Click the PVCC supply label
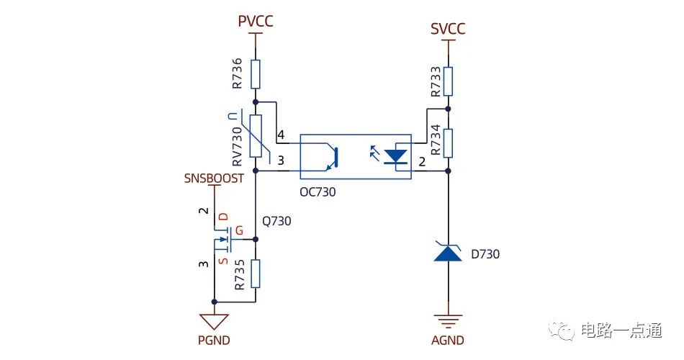pyautogui.click(x=256, y=21)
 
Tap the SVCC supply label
pyautogui.click(x=448, y=29)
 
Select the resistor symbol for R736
pyautogui.click(x=256, y=74)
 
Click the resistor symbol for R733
pyautogui.click(x=448, y=81)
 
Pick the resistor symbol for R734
pyautogui.click(x=448, y=143)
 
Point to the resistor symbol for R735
pyautogui.click(x=256, y=274)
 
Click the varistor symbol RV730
pyautogui.click(x=256, y=136)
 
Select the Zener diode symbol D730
pyautogui.click(x=448, y=252)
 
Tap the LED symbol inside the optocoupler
pyautogui.click(x=395, y=156)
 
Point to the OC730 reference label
pyautogui.click(x=318, y=192)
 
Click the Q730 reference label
pyautogui.click(x=276, y=221)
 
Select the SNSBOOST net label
pyautogui.click(x=214, y=178)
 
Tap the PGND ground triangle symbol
pyautogui.click(x=214, y=321)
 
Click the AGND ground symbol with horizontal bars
pyautogui.click(x=448, y=321)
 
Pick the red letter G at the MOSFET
pyautogui.click(x=239, y=230)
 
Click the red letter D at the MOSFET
pyautogui.click(x=223, y=217)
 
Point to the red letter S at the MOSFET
pyautogui.click(x=223, y=261)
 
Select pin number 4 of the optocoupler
pyautogui.click(x=281, y=135)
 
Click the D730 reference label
pyautogui.click(x=485, y=254)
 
